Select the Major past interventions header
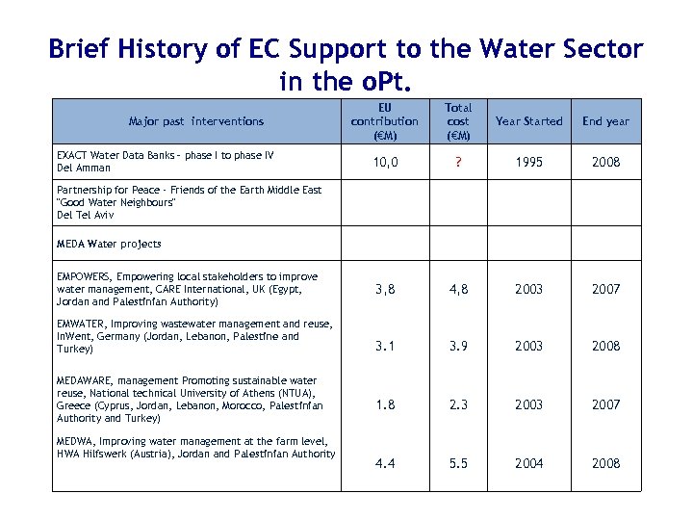pyautogui.click(x=196, y=121)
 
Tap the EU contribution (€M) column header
pyautogui.click(x=385, y=121)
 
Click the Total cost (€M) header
pyautogui.click(x=458, y=121)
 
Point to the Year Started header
pyautogui.click(x=528, y=121)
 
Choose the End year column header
pyautogui.click(x=606, y=121)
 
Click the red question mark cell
pyautogui.click(x=458, y=162)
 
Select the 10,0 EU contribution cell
pyautogui.click(x=385, y=162)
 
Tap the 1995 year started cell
pyautogui.click(x=528, y=162)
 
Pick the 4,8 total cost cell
pyautogui.click(x=458, y=289)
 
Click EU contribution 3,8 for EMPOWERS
pyautogui.click(x=385, y=289)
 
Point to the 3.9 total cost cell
pyautogui.click(x=458, y=346)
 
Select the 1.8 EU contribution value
pyautogui.click(x=385, y=404)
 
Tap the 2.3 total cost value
pyautogui.click(x=458, y=404)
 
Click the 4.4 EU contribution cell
pyautogui.click(x=385, y=463)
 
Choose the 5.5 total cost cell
pyautogui.click(x=458, y=463)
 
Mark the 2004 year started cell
pyautogui.click(x=528, y=463)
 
